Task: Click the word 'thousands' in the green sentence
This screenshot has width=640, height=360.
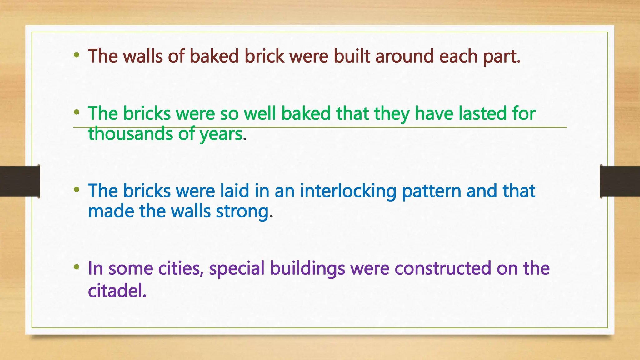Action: pyautogui.click(x=130, y=134)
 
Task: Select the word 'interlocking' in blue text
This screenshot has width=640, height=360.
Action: pyautogui.click(x=348, y=191)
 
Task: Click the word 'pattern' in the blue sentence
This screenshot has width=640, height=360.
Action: pyautogui.click(x=431, y=191)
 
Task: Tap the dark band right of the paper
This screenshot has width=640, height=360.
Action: pyautogui.click(x=620, y=181)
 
